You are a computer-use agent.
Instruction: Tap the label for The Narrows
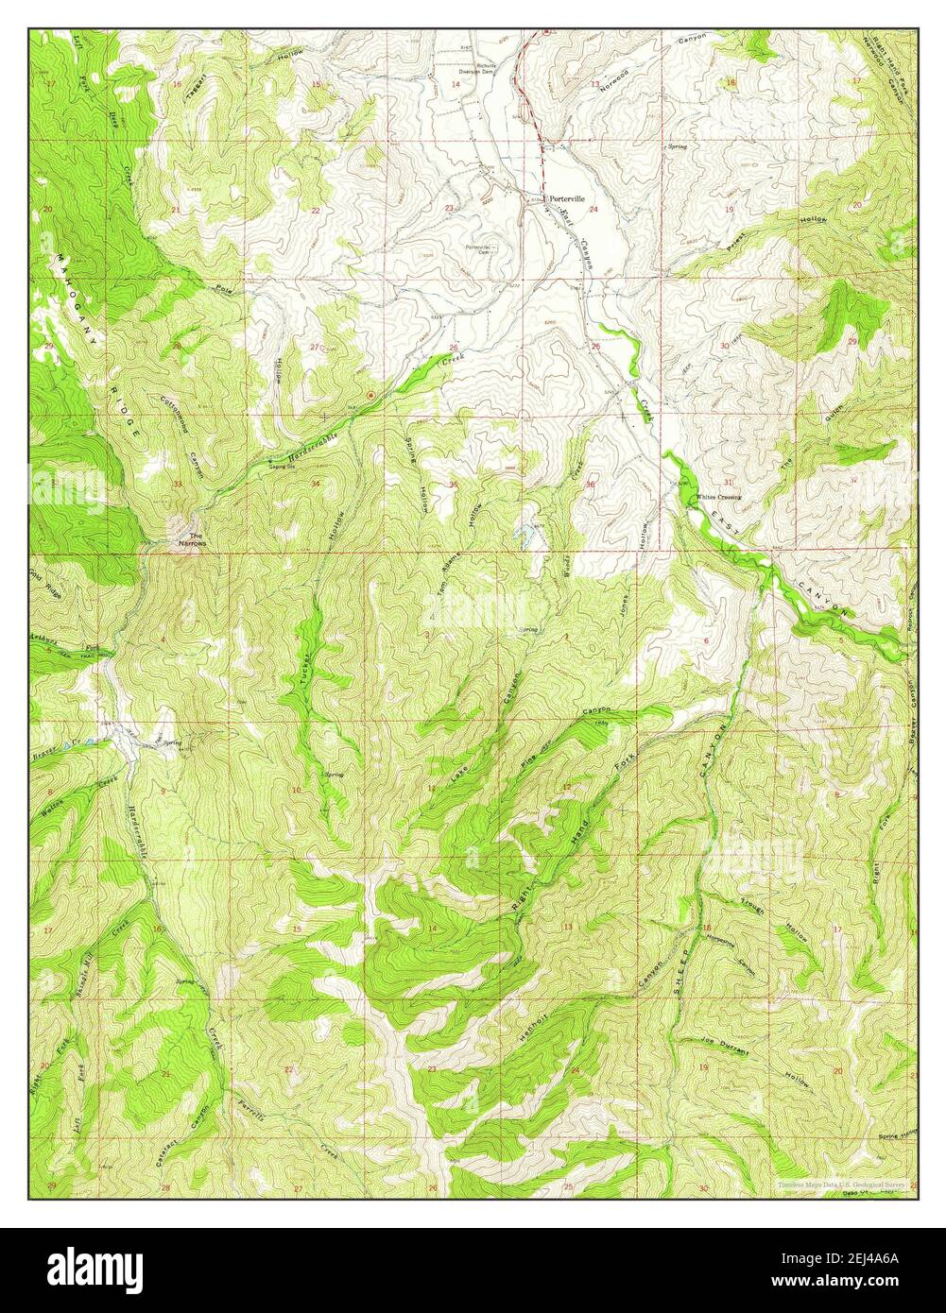click(192, 541)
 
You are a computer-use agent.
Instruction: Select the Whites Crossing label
click(718, 497)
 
